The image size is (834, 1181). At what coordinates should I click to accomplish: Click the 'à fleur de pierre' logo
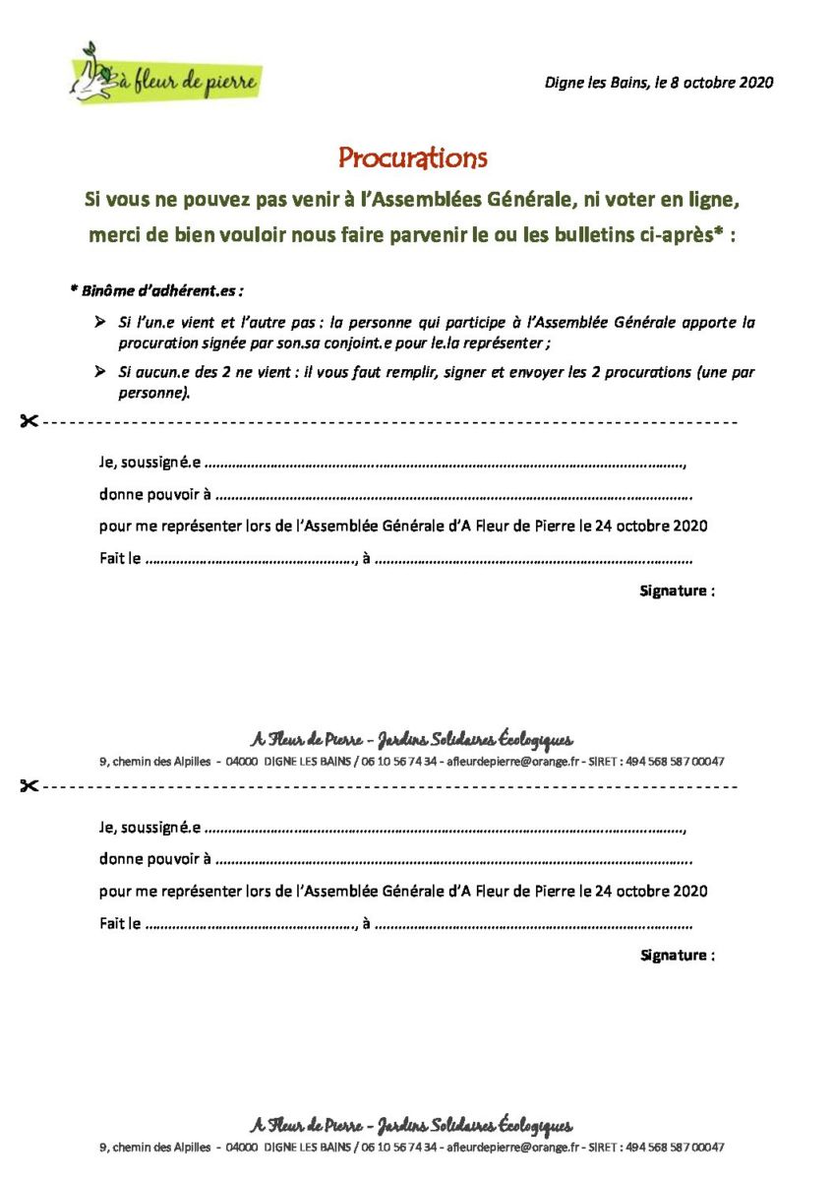[165, 76]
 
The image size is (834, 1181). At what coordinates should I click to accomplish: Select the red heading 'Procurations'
[413, 157]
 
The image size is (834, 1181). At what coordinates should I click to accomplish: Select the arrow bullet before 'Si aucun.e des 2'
[100, 373]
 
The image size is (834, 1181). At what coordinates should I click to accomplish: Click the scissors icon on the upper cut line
[29, 422]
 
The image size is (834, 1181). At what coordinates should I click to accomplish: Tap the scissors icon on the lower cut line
[29, 786]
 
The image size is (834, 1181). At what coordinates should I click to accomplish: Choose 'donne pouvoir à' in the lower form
[154, 859]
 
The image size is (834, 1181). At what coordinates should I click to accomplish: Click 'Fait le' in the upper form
[120, 559]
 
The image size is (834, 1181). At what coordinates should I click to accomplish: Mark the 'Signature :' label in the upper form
[677, 590]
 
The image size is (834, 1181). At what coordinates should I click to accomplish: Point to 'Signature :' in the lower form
[677, 955]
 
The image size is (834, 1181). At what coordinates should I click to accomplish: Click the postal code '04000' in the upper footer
[242, 762]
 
